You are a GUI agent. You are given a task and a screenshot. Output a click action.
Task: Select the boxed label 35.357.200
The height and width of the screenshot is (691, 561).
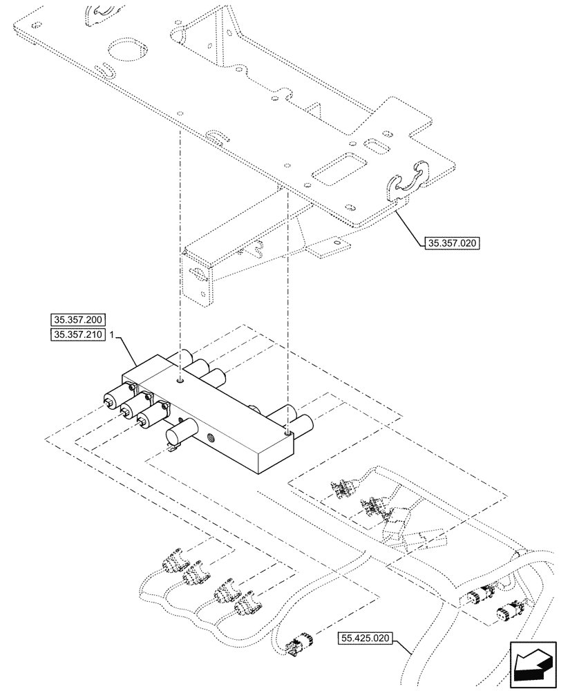click(x=77, y=320)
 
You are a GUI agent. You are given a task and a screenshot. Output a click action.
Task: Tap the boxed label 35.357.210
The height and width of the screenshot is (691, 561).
click(x=77, y=334)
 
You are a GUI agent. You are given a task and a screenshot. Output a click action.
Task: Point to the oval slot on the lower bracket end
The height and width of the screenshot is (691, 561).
click(x=200, y=274)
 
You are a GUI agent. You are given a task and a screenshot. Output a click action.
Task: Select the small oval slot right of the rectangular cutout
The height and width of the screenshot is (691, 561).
click(x=378, y=148)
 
